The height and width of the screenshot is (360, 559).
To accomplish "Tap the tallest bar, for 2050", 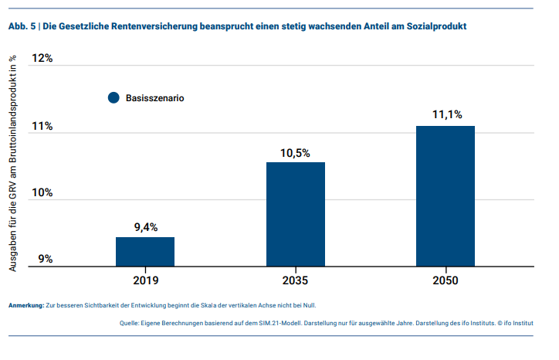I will tap(446, 196).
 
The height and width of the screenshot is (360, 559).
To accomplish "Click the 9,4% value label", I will tap(145, 227).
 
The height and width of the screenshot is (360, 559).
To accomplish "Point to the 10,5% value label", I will tap(295, 153).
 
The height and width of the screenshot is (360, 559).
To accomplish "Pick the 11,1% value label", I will tap(446, 115).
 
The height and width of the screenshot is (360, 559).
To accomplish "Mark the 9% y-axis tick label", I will tap(44, 260).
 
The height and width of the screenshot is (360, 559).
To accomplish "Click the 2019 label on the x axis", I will tap(145, 280).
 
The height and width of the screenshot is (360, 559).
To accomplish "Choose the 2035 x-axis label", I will tap(296, 280).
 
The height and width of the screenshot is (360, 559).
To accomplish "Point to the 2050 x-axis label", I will tap(446, 280).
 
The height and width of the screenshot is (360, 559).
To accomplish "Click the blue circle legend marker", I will tap(113, 98).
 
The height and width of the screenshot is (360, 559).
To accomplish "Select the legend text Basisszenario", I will tap(154, 98).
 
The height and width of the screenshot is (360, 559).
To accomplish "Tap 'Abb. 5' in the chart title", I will tap(21, 26).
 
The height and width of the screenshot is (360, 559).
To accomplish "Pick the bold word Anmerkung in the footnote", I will tap(25, 305).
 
